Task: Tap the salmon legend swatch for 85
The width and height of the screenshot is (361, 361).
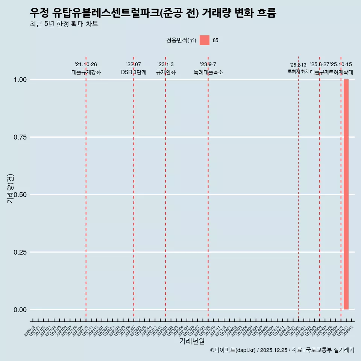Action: click(204, 40)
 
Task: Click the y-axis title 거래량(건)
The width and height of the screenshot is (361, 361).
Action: click(10, 188)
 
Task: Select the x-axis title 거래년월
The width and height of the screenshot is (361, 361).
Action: click(192, 341)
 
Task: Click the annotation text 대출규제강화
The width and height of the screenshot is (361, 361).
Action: click(86, 72)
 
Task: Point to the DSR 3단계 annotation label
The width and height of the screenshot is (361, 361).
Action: click(133, 72)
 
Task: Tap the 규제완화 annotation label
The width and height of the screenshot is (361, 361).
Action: click(165, 72)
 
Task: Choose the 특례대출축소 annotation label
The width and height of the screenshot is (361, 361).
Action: click(208, 72)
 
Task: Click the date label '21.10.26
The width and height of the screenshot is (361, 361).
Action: click(86, 65)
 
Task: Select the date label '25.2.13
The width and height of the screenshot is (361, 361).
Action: click(298, 65)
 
